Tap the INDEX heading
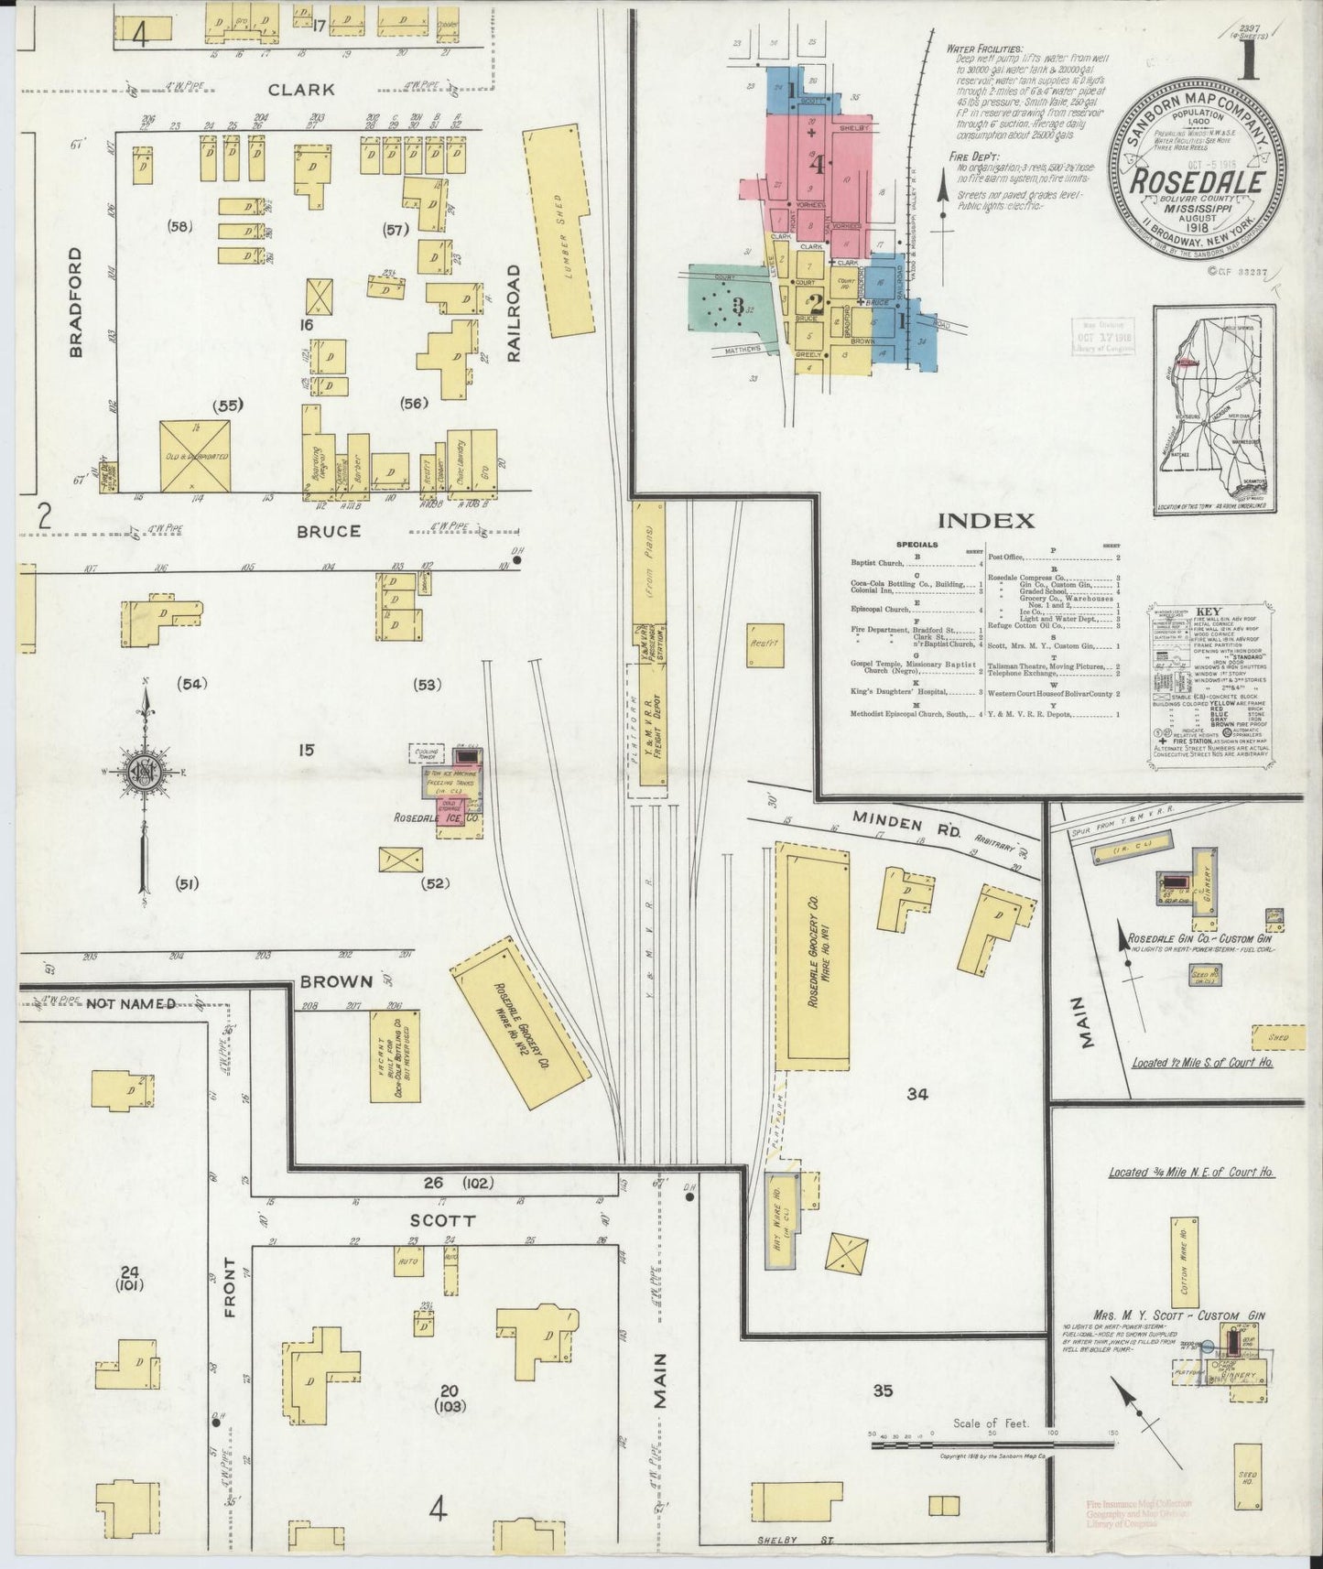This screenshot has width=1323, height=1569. (x=985, y=522)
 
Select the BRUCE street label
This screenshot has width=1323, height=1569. (x=328, y=531)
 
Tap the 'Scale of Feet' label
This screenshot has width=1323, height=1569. (x=991, y=1423)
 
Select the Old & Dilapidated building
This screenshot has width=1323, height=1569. (x=194, y=456)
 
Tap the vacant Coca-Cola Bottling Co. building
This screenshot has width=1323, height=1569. (x=395, y=1056)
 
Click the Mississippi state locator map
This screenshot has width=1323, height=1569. (x=1207, y=398)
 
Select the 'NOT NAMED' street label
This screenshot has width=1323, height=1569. (x=131, y=1003)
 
